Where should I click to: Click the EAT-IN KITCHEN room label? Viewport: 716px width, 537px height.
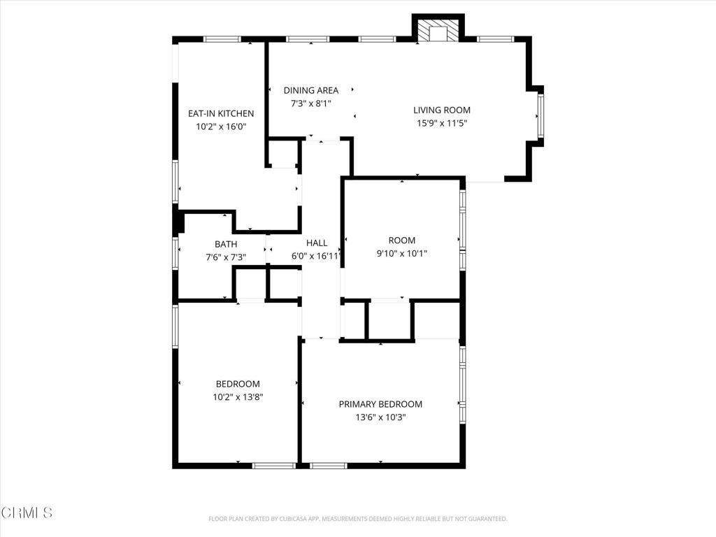(x=221, y=113)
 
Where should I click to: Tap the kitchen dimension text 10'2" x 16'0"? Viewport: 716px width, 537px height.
(x=221, y=127)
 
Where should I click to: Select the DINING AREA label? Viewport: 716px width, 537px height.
(x=311, y=90)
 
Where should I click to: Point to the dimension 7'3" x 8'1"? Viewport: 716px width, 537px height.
(x=311, y=103)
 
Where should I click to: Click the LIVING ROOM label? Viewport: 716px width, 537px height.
(x=442, y=110)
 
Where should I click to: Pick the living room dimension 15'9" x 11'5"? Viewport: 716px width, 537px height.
(x=442, y=123)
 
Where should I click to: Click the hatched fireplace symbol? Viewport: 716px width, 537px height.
(x=438, y=30)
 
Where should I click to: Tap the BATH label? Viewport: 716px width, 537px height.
(x=226, y=244)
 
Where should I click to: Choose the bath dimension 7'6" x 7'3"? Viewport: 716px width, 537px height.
(x=226, y=257)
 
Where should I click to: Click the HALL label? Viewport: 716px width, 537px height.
(x=317, y=243)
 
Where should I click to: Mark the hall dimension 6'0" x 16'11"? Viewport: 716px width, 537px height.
(x=317, y=256)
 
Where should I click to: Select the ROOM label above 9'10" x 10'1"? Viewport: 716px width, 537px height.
(x=402, y=241)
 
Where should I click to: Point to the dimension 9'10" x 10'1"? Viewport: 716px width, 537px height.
(x=402, y=254)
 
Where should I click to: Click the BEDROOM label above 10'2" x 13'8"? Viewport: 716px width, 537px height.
(x=238, y=384)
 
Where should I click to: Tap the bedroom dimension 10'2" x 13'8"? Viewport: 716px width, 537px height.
(x=238, y=397)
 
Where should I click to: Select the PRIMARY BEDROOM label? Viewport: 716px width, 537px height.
(x=380, y=404)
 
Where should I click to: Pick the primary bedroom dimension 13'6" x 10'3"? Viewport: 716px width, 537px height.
(x=380, y=417)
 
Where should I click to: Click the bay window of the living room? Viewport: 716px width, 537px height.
(x=540, y=115)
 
